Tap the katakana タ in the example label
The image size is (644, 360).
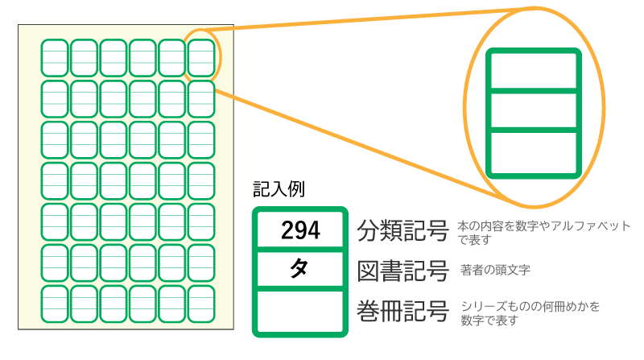(299, 271)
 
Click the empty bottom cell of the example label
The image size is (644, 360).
(299, 310)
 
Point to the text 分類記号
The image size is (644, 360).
(402, 232)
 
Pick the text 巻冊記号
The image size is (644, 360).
(402, 311)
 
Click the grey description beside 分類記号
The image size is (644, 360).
(543, 232)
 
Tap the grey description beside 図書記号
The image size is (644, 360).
(494, 269)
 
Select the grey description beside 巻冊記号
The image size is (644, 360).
(531, 313)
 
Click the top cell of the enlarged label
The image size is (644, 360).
(534, 72)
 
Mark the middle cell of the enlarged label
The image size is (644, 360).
(534, 110)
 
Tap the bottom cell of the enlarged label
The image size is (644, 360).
(534, 151)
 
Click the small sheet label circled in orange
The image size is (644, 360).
(201, 57)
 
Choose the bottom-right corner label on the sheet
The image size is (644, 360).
(201, 304)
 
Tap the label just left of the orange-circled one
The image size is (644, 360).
(171, 57)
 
